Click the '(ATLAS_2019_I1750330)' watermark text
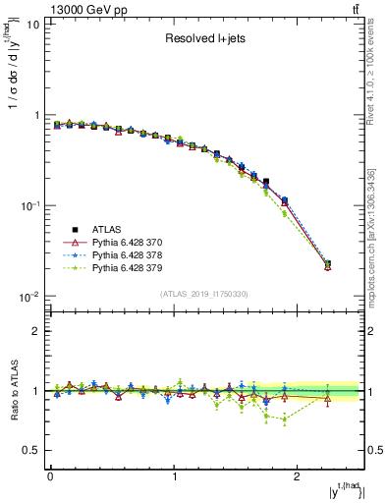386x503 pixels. pyautogui.click(x=204, y=294)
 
